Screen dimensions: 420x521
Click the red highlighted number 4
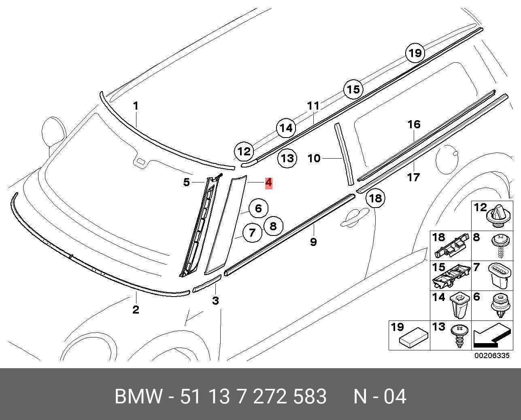coord(268,183)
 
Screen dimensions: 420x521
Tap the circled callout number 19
coord(415,53)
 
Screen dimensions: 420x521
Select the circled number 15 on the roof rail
coord(353,89)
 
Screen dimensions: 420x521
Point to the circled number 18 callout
coord(375,198)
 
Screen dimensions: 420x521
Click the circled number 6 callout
coord(258,209)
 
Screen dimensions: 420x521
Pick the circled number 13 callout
coord(287,158)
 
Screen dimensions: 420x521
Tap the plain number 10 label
coord(314,158)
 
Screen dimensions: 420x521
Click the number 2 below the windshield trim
coord(136,310)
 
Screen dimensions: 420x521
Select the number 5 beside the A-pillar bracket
coord(186,182)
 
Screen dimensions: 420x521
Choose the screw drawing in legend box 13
coord(460,335)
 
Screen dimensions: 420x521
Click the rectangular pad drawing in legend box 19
coord(414,339)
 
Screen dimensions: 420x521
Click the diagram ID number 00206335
coord(491,356)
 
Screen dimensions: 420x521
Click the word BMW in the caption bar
coord(139,397)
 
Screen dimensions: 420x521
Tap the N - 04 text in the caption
coord(379,397)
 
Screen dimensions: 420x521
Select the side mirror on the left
coord(54,130)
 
